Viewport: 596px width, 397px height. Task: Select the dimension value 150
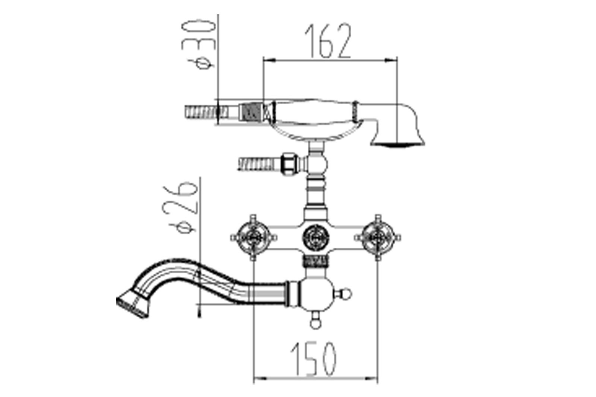click(x=313, y=359)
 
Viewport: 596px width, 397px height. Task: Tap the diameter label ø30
click(x=198, y=44)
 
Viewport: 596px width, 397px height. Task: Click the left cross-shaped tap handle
click(x=253, y=237)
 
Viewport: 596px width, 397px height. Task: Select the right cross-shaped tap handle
click(x=377, y=237)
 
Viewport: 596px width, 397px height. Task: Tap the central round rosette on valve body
click(x=316, y=237)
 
